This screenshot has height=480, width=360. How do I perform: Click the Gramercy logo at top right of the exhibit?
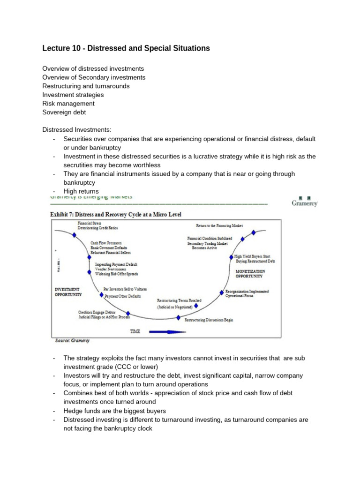(x=304, y=202)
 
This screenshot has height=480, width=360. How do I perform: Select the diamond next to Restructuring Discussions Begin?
(x=178, y=317)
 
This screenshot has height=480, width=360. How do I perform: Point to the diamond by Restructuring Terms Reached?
(x=196, y=306)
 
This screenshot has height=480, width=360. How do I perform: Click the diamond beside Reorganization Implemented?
(x=221, y=292)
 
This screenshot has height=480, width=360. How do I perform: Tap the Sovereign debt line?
(x=64, y=112)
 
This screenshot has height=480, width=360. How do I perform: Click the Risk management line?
(x=68, y=103)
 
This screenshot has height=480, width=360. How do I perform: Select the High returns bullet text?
(x=81, y=191)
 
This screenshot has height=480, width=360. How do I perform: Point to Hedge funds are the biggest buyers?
(x=115, y=411)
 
